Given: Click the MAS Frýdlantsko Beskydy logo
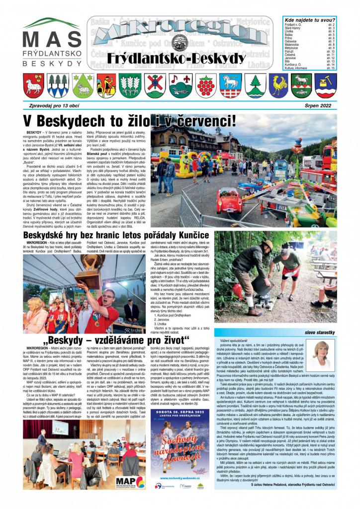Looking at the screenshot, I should tap(52, 44).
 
